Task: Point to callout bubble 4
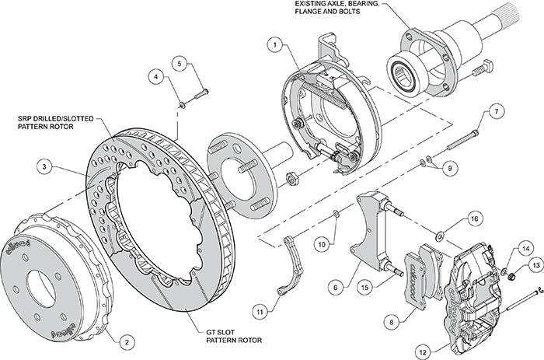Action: (x=156, y=78)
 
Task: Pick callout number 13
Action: (x=536, y=266)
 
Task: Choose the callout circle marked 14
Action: (x=527, y=249)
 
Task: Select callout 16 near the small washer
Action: (x=474, y=221)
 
